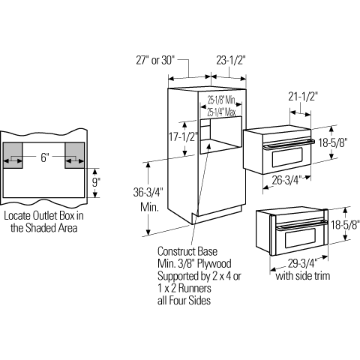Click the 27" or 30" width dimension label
click(154, 60)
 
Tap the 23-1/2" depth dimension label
click(231, 60)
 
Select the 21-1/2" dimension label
click(303, 97)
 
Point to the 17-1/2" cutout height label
click(184, 136)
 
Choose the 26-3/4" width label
click(287, 180)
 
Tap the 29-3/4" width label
click(302, 263)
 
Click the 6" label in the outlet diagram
click(44, 157)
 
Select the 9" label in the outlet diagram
click(94, 182)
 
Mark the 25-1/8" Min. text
click(222, 100)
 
